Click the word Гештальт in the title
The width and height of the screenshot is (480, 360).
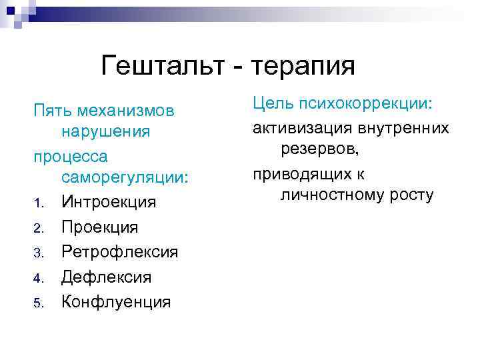(x=170, y=67)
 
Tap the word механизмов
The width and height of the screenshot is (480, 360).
(x=126, y=109)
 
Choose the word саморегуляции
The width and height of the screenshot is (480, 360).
(x=125, y=178)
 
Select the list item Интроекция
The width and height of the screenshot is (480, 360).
(x=109, y=202)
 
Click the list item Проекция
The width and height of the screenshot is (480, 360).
(x=100, y=227)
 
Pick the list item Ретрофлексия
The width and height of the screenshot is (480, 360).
(x=120, y=252)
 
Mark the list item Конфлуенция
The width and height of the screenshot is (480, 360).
(x=116, y=301)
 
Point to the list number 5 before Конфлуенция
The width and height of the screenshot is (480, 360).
(x=39, y=303)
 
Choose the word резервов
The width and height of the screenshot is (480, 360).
(x=319, y=149)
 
